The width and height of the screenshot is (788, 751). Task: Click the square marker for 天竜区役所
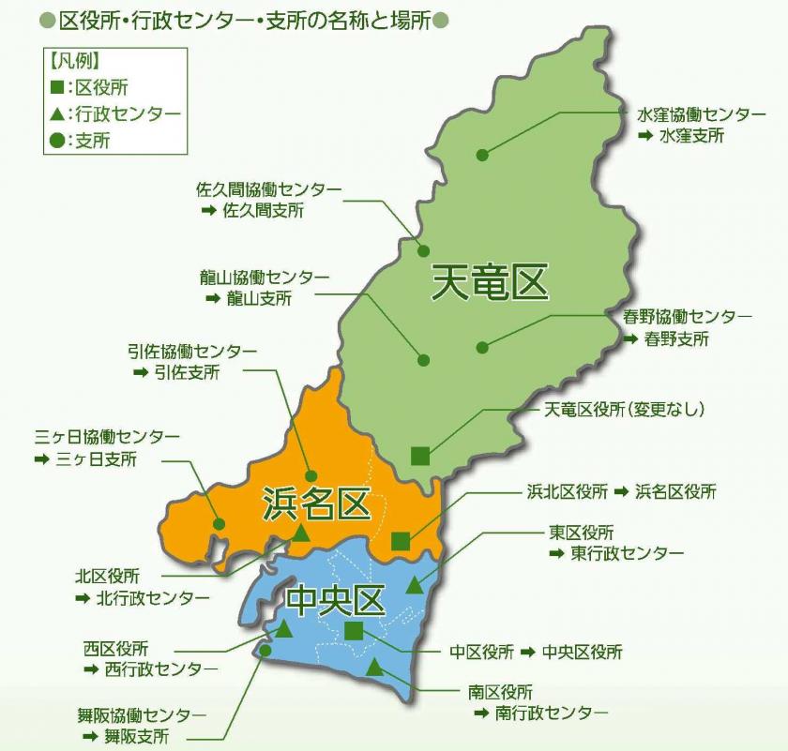coord(420,456)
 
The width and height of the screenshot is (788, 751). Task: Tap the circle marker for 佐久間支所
coord(423,250)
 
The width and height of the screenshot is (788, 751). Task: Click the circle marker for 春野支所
coord(482,347)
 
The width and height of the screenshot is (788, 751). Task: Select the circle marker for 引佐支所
coord(311,476)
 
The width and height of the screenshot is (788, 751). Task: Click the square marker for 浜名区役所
coord(400,540)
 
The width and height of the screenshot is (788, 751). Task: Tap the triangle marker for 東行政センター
coord(415,586)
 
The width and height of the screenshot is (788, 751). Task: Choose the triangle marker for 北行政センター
coord(301,534)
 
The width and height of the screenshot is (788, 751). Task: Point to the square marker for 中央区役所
coord(353,630)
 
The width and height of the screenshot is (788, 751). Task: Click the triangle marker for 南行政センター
coord(374,668)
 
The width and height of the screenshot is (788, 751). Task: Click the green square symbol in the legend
coord(57,87)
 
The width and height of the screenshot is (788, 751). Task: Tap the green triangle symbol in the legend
coord(57,114)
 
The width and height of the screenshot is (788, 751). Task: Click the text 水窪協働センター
coord(701,114)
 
